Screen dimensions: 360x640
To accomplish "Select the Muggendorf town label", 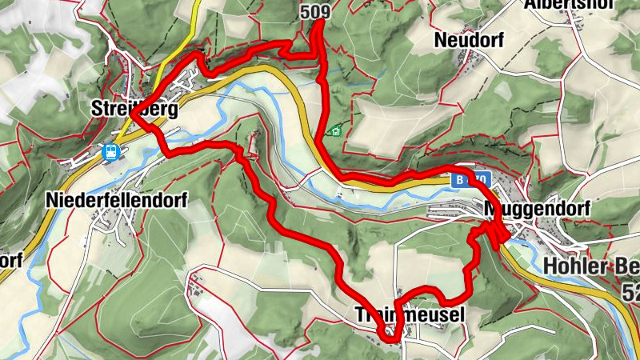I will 537,210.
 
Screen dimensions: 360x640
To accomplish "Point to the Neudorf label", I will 469,40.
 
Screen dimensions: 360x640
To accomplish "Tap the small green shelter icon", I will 337,130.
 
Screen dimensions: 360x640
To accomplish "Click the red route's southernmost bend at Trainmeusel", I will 390,339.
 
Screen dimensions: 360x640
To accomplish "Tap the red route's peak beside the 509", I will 318,22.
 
